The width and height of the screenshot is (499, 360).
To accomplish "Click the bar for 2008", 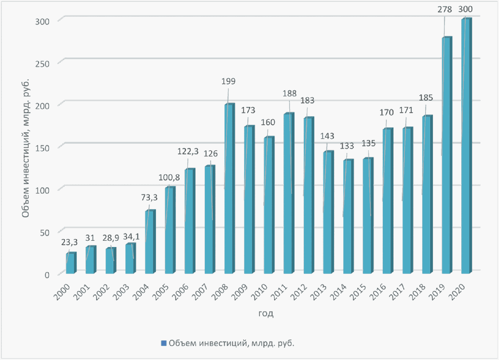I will click(229, 188).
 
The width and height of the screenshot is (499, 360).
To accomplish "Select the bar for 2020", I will click(466, 146).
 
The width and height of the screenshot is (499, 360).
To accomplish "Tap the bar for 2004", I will click(150, 242).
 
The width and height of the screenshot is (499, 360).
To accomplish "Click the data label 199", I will click(228, 81).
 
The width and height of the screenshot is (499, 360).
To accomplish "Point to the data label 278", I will click(445, 10).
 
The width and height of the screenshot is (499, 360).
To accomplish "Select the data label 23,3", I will click(69, 242).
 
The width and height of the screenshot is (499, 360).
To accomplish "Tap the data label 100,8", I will click(169, 177).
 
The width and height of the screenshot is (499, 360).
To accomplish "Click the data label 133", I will click(347, 146).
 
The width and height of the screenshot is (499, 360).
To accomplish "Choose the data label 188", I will click(289, 94).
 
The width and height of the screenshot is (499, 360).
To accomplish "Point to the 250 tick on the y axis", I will click(42, 64).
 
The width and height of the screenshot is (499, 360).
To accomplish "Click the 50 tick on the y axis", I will click(44, 233).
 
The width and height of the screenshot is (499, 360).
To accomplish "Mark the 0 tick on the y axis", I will click(47, 275).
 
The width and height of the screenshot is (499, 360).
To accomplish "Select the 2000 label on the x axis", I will click(61, 292).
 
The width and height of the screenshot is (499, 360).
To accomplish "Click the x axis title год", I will click(266, 313).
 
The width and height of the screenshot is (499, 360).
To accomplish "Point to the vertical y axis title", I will click(26, 148).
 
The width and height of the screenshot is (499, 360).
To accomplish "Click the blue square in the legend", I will click(163, 343).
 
